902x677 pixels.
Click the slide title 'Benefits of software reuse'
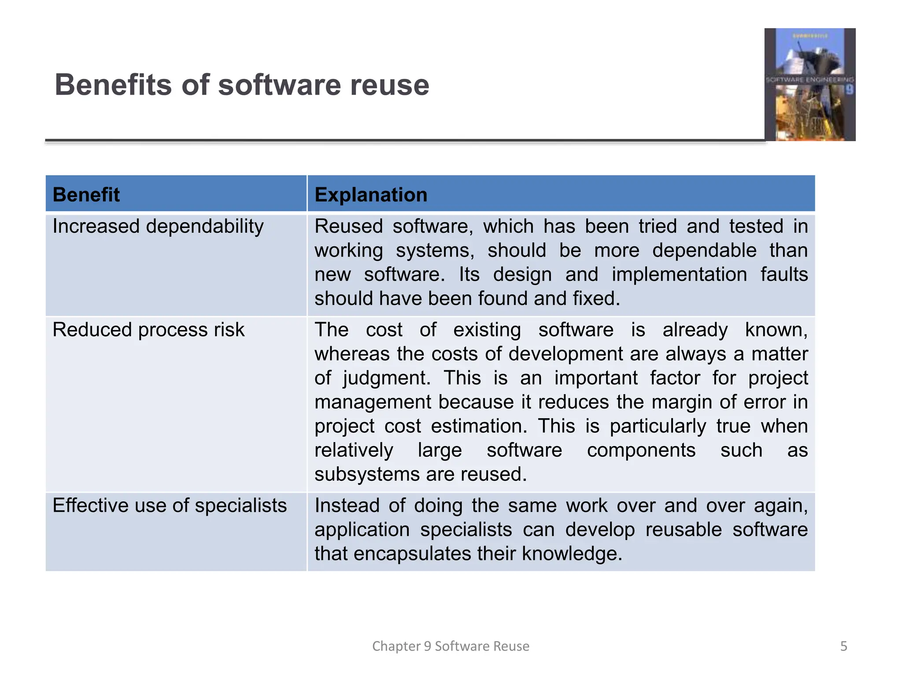pos(242,85)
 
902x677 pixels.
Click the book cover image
pos(810,85)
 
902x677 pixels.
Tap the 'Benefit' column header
pos(86,194)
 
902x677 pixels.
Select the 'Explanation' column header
pos(371,194)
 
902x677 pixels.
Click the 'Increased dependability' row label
pos(158,227)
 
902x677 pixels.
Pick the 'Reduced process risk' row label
pos(148,330)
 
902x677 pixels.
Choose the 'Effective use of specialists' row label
pos(170,506)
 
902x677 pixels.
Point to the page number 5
pos(843,646)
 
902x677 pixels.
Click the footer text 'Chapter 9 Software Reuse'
pos(451,646)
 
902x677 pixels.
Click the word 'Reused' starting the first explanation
pos(348,227)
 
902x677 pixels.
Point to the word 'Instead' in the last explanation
pos(347,506)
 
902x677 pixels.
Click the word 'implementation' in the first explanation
pos(679,275)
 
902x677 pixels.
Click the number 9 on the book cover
pos(849,90)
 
